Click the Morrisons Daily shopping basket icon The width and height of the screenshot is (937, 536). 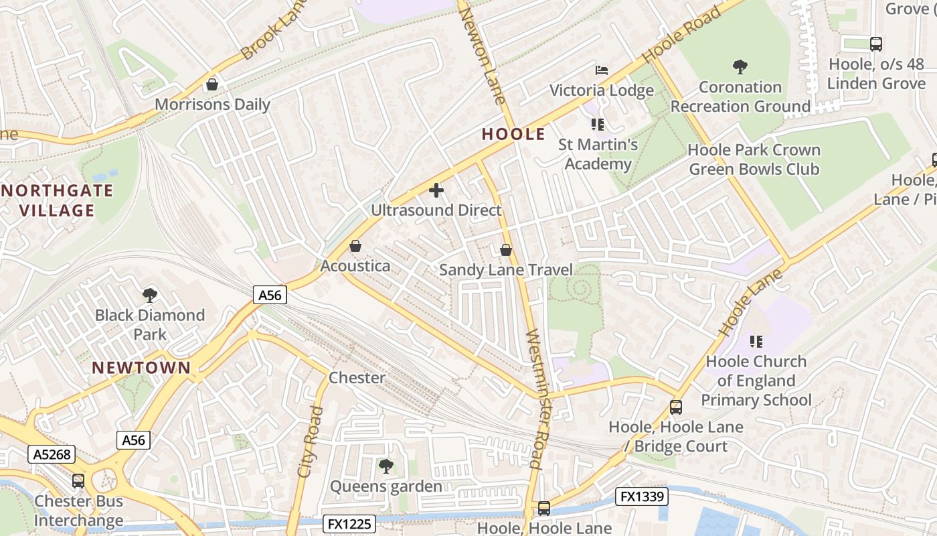click(x=212, y=84)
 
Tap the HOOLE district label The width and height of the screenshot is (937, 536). click(x=513, y=134)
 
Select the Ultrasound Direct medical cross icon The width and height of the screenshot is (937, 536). click(x=436, y=190)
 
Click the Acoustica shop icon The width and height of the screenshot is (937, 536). click(x=355, y=246)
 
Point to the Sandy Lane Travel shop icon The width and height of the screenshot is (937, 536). click(x=506, y=250)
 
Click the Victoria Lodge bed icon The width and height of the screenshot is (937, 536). click(x=602, y=70)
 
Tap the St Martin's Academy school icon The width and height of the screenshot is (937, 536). click(x=598, y=124)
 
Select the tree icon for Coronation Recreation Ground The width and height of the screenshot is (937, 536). click(x=740, y=66)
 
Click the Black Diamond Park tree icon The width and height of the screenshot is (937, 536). click(x=150, y=295)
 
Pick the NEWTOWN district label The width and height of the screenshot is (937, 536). click(x=141, y=367)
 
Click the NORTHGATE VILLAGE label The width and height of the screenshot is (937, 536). click(x=57, y=200)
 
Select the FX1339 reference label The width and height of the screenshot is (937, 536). click(x=642, y=496)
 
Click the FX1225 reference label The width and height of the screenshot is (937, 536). click(x=349, y=523)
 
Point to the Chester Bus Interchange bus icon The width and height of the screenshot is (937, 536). click(x=78, y=480)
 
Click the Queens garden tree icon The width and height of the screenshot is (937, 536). click(x=386, y=466)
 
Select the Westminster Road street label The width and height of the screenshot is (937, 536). click(x=537, y=399)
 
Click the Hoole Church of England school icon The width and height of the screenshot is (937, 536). click(x=756, y=342)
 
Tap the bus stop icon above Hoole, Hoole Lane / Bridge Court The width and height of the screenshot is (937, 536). click(x=676, y=407)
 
